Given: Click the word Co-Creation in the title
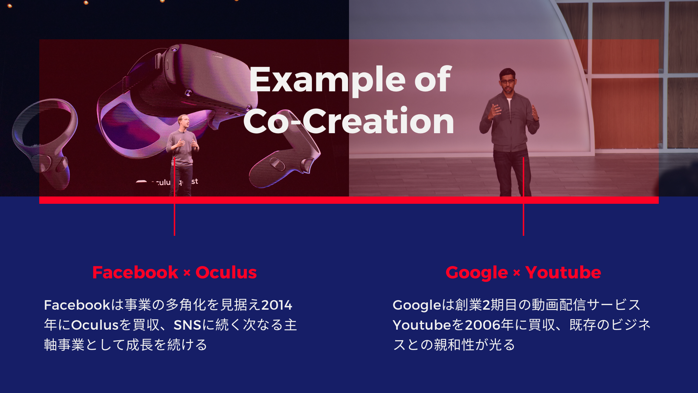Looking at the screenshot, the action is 349,121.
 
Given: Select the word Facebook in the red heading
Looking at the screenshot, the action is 135,273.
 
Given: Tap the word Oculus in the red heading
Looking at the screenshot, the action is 226,273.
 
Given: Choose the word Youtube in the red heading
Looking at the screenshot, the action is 563,273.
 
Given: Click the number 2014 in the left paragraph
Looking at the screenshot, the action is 277,305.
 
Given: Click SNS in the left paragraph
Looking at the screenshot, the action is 188,325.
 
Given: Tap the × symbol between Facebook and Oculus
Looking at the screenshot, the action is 187,273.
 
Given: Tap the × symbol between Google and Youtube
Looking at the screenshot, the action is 517,273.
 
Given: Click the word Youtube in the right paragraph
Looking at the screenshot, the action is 422,325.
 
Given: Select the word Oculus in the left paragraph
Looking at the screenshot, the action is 95,325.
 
